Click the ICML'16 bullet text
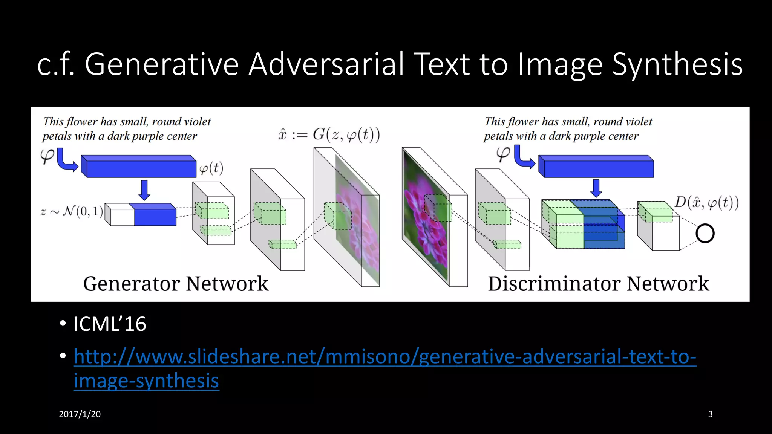(110, 324)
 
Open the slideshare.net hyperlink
(384, 357)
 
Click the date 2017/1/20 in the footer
(80, 414)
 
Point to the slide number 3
(710, 414)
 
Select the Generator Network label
(176, 284)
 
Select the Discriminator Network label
(598, 284)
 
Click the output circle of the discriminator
(705, 233)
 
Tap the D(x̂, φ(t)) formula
(706, 203)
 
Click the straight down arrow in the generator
(144, 190)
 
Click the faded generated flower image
(356, 226)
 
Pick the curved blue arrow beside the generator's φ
(66, 160)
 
